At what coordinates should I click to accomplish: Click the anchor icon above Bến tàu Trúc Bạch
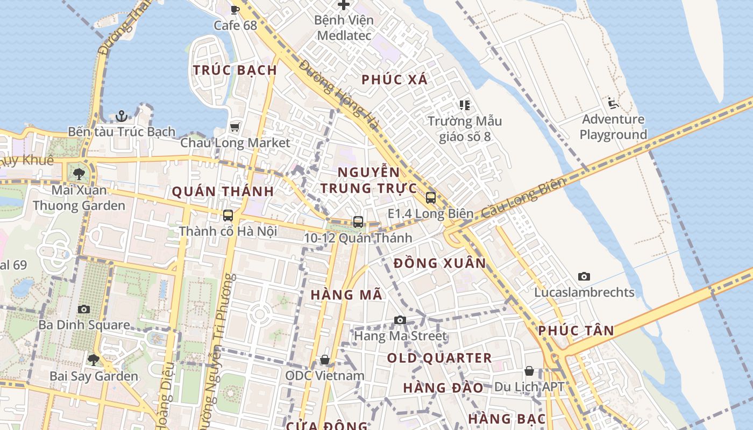(122, 116)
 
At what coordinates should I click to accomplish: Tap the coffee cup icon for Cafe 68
(235, 9)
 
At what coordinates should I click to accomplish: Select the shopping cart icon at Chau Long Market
(235, 127)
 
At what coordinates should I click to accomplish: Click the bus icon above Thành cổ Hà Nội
(228, 216)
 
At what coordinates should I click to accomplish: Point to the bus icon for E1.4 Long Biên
(430, 198)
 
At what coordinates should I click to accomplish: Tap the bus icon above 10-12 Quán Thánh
(358, 221)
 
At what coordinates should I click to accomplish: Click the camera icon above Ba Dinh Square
(83, 309)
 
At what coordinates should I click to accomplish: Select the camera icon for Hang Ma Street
(400, 320)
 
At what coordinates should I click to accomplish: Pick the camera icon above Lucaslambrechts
(584, 277)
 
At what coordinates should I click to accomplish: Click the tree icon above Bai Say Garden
(94, 360)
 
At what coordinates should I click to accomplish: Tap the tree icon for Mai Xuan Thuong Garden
(79, 174)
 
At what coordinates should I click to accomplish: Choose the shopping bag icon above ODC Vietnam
(325, 360)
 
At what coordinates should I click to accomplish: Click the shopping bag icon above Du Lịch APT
(529, 371)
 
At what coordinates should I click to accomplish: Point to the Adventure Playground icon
(612, 103)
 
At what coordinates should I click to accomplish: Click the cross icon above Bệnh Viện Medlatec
(344, 5)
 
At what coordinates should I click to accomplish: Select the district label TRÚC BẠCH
(235, 70)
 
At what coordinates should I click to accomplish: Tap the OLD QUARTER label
(439, 358)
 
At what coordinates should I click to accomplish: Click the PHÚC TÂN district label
(576, 331)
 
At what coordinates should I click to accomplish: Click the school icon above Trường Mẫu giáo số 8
(465, 105)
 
